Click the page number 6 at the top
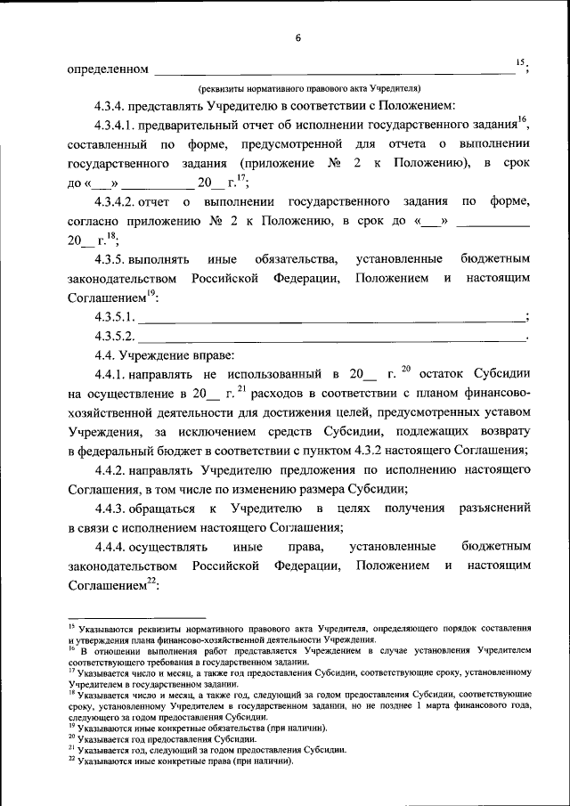pos(298,37)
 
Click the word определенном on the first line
pos(107,68)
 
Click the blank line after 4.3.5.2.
pos(334,338)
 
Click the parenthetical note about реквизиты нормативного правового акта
pos(302,88)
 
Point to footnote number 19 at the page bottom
pos(71,726)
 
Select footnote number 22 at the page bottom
pos(71,761)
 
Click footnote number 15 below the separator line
pos(71,628)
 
